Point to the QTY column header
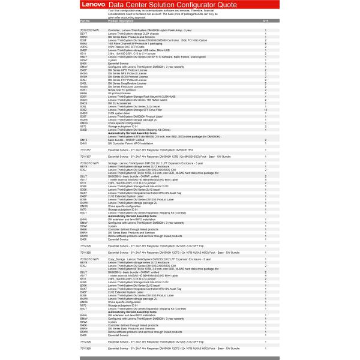(x=266, y=20)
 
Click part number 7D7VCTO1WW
(x=89, y=29)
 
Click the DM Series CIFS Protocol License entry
(x=129, y=70)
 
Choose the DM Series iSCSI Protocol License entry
(x=130, y=77)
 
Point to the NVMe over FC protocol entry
(x=124, y=89)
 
